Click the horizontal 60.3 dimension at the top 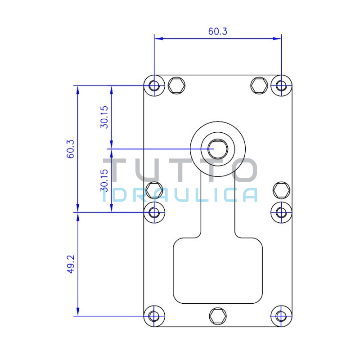pyautogui.click(x=218, y=31)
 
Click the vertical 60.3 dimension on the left pyautogui.click(x=71, y=149)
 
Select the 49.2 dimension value pyautogui.click(x=71, y=264)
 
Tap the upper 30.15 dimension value pyautogui.click(x=104, y=117)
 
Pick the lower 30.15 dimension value pyautogui.click(x=104, y=180)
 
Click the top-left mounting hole pyautogui.click(x=154, y=85)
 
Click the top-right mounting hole pyautogui.click(x=281, y=85)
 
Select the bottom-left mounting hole pyautogui.click(x=154, y=316)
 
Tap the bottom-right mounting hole pyautogui.click(x=281, y=316)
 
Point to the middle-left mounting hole pyautogui.click(x=154, y=212)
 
